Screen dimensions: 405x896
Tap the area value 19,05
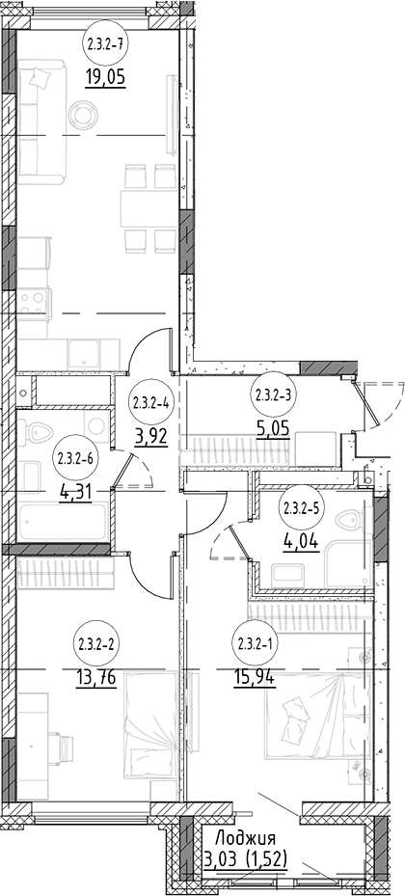point(105,75)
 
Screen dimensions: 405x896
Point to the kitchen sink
point(84,354)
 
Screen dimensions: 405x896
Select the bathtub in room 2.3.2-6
point(63,521)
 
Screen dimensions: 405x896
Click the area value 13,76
point(96,678)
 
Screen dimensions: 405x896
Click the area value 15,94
point(256,678)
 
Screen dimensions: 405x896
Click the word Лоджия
point(245,839)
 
